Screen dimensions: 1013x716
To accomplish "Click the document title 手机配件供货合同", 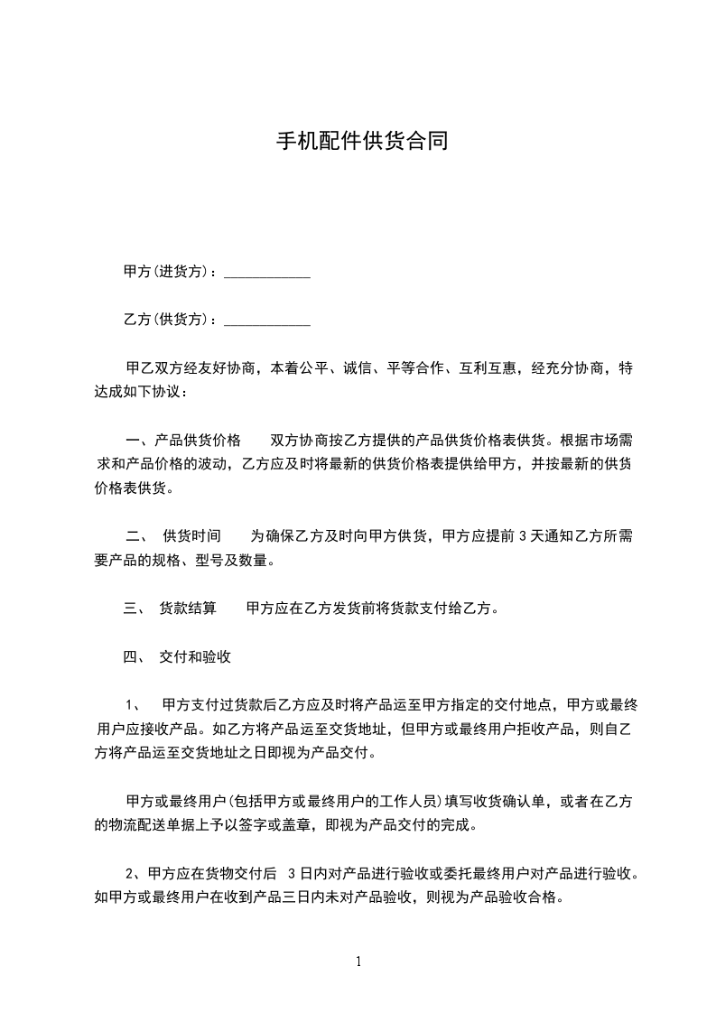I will [361, 142].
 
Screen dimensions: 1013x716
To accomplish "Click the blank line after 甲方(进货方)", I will [266, 273].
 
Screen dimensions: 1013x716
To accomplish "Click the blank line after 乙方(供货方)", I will [266, 321].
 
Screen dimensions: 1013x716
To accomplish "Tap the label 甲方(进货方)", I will [168, 272].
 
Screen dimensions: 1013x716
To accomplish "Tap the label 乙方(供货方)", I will [168, 320].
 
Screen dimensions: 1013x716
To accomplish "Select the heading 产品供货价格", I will [198, 441].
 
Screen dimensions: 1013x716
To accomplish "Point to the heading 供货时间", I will [191, 535].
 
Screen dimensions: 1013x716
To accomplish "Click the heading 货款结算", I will [188, 609].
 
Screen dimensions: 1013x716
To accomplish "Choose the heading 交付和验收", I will [195, 657].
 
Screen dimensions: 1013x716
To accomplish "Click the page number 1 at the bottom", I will [358, 962].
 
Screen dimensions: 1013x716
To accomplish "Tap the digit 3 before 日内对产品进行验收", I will [291, 874].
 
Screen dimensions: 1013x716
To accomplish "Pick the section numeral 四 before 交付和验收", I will [129, 657].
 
